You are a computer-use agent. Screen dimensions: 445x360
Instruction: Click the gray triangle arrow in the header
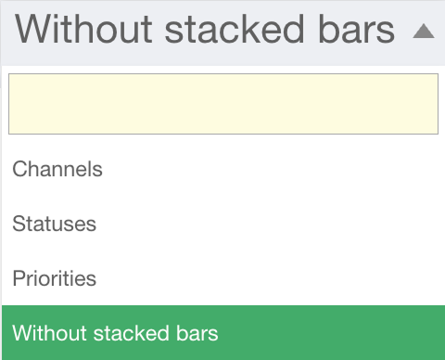tap(424, 32)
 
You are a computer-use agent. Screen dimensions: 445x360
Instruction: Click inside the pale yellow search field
tap(223, 104)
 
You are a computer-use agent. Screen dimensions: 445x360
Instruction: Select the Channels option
tap(57, 169)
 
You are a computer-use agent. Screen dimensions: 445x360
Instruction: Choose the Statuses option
tap(55, 224)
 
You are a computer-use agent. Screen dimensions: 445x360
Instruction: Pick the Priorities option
tap(55, 278)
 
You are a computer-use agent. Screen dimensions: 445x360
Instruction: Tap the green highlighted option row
tap(223, 332)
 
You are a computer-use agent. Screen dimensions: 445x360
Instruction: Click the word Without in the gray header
tap(83, 30)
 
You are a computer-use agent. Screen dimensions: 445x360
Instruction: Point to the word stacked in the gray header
tap(235, 30)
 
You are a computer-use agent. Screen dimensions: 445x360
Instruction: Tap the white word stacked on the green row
tap(132, 333)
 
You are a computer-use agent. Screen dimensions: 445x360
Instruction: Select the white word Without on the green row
tap(49, 333)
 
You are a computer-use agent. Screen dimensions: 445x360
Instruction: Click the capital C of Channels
tap(20, 169)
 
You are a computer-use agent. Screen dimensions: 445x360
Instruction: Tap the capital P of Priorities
tap(19, 278)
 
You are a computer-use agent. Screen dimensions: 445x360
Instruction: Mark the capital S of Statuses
tap(19, 224)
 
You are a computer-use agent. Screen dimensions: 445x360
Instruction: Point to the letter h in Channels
tap(36, 169)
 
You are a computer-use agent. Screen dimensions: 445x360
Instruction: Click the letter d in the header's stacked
tap(293, 29)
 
